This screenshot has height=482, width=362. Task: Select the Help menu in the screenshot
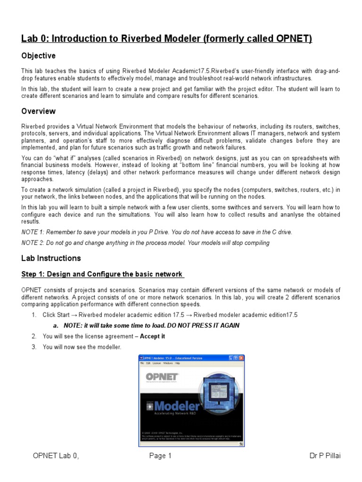(x=178, y=363)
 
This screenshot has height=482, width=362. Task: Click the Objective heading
(x=38, y=56)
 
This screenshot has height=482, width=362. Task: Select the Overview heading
(x=38, y=111)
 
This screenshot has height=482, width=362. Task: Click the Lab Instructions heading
(x=51, y=258)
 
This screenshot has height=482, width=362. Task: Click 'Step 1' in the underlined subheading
(x=34, y=274)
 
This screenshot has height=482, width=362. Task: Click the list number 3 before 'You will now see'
(x=34, y=347)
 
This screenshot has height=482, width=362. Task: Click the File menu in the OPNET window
(x=142, y=363)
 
